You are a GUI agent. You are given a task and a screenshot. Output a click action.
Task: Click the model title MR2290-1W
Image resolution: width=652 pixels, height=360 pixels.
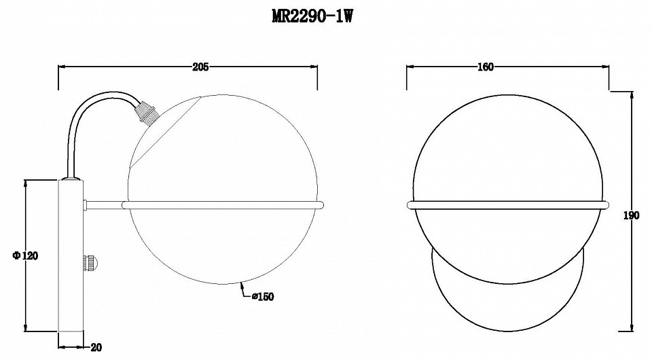pyautogui.click(x=312, y=16)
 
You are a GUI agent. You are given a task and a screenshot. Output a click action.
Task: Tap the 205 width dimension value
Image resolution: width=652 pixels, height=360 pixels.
pyautogui.click(x=200, y=67)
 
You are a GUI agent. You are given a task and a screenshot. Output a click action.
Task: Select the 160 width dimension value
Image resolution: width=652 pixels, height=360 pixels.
pyautogui.click(x=485, y=67)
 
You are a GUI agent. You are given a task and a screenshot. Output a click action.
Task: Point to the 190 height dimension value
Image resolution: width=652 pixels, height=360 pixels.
pyautogui.click(x=631, y=215)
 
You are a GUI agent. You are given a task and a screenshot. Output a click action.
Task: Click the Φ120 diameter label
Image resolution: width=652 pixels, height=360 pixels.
pyautogui.click(x=25, y=255)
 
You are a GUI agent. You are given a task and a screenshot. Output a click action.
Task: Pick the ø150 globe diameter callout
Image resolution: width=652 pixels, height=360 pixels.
pyautogui.click(x=263, y=296)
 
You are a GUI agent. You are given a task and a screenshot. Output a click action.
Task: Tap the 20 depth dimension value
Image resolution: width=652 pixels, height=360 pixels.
pyautogui.click(x=96, y=347)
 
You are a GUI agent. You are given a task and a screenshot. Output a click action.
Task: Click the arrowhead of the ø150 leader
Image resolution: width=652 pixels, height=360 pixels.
pyautogui.click(x=242, y=285)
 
